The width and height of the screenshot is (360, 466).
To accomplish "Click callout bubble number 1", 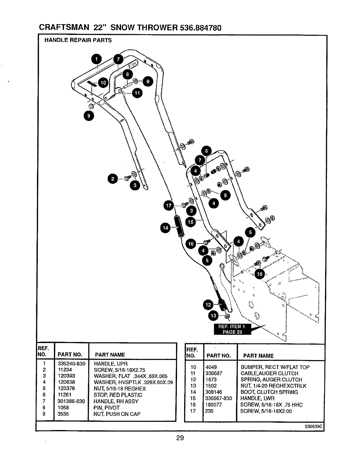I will [96, 59].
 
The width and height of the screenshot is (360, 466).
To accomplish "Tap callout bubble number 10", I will [103, 83].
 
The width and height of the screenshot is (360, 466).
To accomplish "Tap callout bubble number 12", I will [208, 305].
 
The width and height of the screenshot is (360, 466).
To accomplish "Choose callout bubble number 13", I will [214, 316].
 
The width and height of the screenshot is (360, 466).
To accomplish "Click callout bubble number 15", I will [191, 222].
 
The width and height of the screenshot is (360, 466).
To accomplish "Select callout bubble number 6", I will [207, 151].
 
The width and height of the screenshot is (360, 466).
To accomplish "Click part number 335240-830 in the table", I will [72, 363].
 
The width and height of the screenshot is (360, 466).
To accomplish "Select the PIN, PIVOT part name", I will [107, 408].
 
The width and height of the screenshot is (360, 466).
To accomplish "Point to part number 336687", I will [214, 374].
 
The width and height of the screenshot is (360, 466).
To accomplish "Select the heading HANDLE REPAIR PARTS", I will [78, 40].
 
